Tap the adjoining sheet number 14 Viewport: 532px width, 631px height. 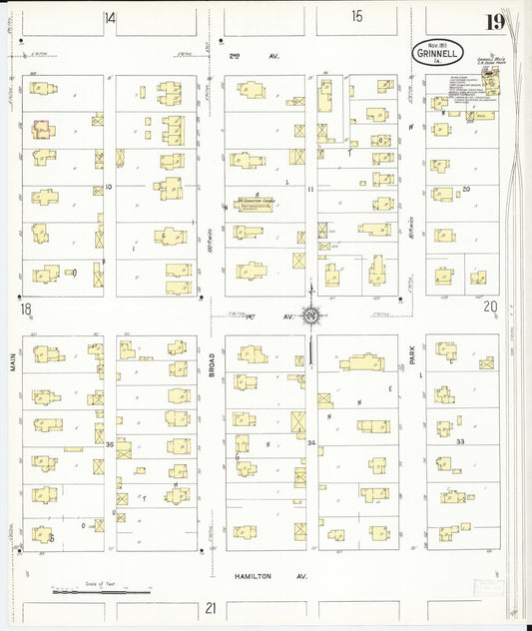(110, 17)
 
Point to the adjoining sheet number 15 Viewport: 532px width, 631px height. (356, 15)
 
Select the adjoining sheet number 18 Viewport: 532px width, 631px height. (25, 310)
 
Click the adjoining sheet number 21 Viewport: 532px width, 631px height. (211, 607)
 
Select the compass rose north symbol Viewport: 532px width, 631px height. (311, 317)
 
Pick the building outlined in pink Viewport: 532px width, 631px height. (43, 129)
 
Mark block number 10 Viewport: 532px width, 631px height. (109, 187)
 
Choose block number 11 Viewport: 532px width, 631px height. (311, 189)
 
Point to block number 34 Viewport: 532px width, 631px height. (311, 442)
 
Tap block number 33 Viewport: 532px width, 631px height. (460, 440)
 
